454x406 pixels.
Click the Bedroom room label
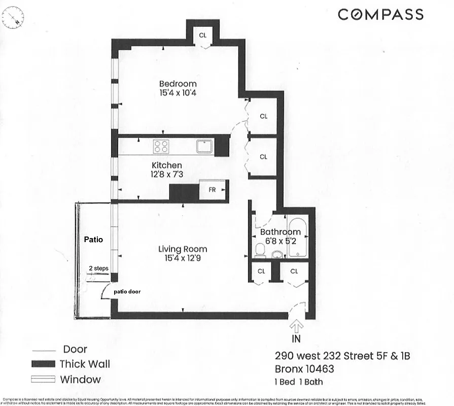click(178, 84)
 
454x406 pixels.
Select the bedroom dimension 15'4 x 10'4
click(178, 93)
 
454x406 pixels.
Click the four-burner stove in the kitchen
click(161, 147)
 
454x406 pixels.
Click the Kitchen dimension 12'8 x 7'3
click(166, 175)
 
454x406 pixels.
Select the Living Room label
click(183, 249)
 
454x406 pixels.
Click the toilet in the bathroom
click(260, 250)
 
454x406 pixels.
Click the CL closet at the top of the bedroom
click(202, 35)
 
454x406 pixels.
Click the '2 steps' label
click(98, 268)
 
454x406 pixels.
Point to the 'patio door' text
click(127, 292)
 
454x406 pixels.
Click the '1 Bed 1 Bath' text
click(299, 382)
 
